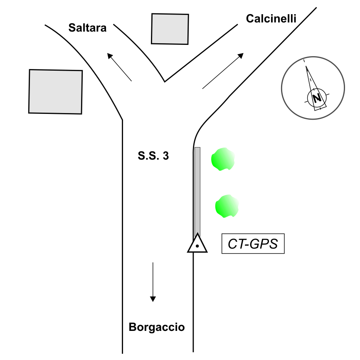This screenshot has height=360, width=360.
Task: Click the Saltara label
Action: coord(88,28)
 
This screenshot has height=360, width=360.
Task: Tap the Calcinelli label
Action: coord(271,19)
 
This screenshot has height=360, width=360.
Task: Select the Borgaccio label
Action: coord(157,327)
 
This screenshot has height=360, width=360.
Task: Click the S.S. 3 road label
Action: coord(153,157)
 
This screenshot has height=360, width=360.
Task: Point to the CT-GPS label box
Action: coord(253,244)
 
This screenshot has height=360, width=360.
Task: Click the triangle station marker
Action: coord(197,244)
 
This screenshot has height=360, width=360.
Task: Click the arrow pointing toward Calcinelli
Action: coord(223,71)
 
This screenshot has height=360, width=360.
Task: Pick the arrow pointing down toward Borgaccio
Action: coord(153,281)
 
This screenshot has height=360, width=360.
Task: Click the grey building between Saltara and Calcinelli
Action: coord(170,29)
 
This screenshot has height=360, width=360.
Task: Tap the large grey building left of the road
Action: coord(55,91)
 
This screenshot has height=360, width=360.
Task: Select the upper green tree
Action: coord(223,160)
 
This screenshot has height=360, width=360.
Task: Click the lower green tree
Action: coord(227,206)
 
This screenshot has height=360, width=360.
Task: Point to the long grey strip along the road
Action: coord(197,191)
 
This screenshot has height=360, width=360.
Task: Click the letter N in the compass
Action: coord(317,98)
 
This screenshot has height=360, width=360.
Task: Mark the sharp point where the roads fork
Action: coord(165,81)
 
